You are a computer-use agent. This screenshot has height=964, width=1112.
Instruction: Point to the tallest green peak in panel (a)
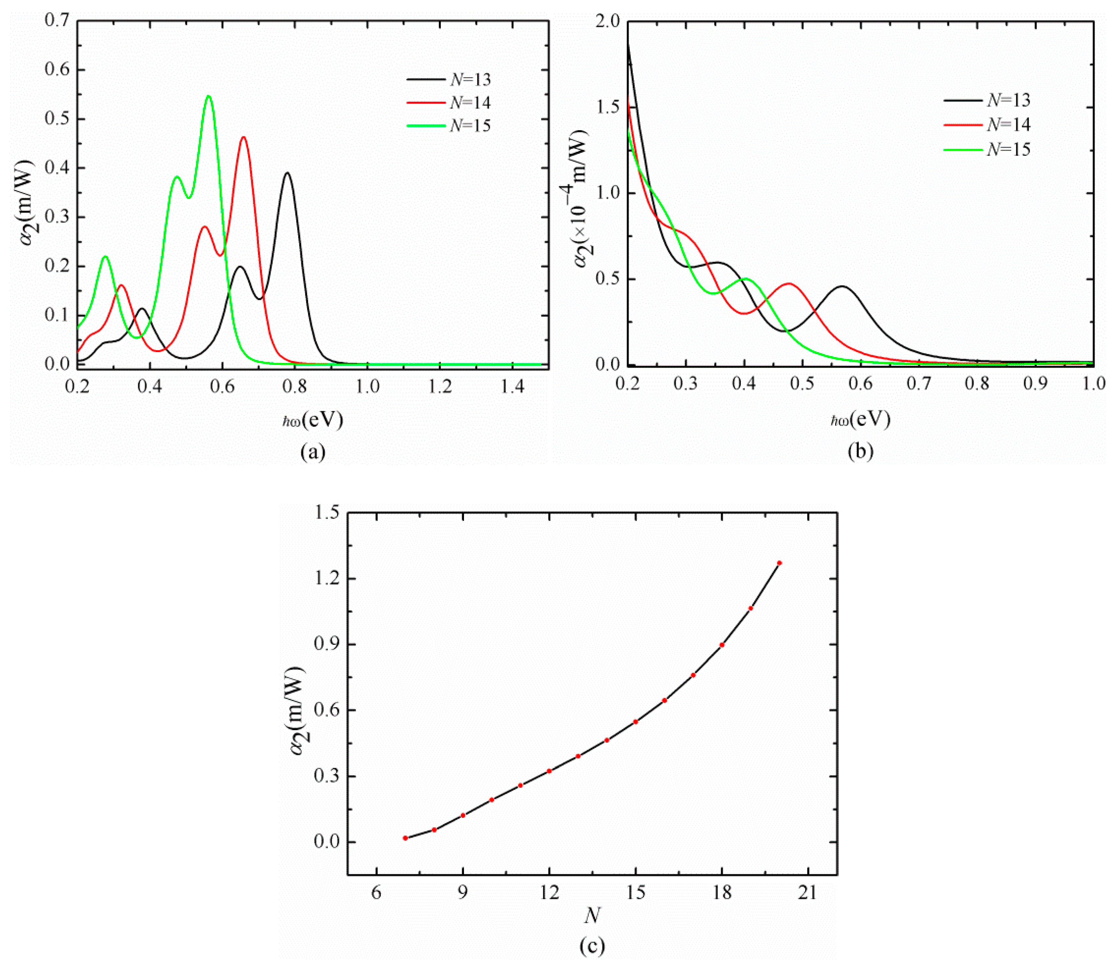tap(209, 96)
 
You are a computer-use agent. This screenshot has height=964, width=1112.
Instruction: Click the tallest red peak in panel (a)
tap(244, 137)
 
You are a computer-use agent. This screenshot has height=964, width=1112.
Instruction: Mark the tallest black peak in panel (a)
tap(288, 173)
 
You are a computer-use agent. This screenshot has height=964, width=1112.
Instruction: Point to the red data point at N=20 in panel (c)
tap(779, 563)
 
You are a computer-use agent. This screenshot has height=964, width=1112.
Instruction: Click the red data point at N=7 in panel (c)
tap(405, 838)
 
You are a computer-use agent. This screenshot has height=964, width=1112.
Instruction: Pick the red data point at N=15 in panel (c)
tap(636, 721)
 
